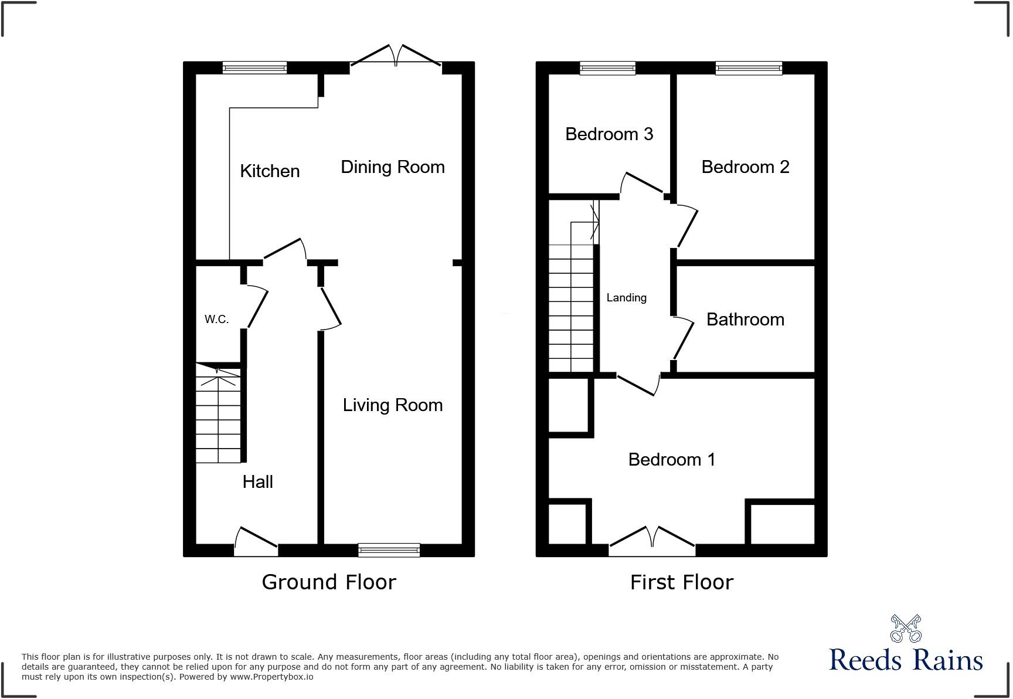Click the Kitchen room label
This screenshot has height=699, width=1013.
pos(270,171)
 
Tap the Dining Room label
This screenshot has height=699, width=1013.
pos(392,167)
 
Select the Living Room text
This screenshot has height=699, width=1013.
pos(392,405)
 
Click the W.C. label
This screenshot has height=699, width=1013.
pos(216,320)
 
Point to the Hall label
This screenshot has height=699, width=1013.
pos(257,482)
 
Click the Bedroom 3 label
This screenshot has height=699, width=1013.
pos(609,134)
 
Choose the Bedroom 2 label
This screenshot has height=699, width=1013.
pos(745,167)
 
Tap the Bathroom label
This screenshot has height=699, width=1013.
pos(745,320)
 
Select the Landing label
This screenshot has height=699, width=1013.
pos(626,298)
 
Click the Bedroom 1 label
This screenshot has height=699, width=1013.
pos(671,459)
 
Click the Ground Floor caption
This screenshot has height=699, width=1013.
pos(328,582)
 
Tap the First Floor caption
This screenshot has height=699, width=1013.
pos(681,582)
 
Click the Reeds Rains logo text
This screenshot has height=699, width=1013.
pos(906,660)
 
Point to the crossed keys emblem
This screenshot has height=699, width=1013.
pos(906,628)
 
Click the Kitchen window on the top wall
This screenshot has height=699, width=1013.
pos(254,68)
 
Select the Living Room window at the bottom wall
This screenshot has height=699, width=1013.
pos(389,550)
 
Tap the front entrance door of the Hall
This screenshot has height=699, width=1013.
pos(256,542)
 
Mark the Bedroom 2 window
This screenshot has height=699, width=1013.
pos(749,68)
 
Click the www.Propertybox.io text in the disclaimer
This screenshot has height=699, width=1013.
pos(271,677)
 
